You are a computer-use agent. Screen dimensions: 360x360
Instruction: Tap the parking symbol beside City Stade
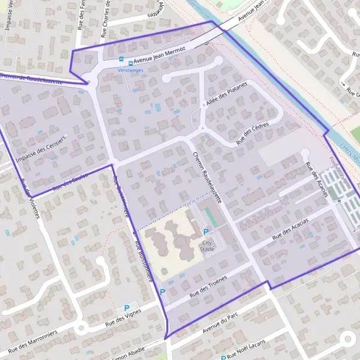(x=206, y=232)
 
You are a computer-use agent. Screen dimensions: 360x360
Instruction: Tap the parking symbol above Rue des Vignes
(x=127, y=308)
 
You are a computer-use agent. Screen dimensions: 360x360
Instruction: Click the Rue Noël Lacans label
(x=256, y=353)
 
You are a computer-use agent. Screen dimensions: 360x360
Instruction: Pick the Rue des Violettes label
(x=29, y=198)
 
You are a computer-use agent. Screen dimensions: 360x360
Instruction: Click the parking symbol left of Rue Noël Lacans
(x=223, y=357)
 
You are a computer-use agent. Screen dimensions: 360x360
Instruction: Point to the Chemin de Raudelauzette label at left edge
(x=27, y=76)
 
